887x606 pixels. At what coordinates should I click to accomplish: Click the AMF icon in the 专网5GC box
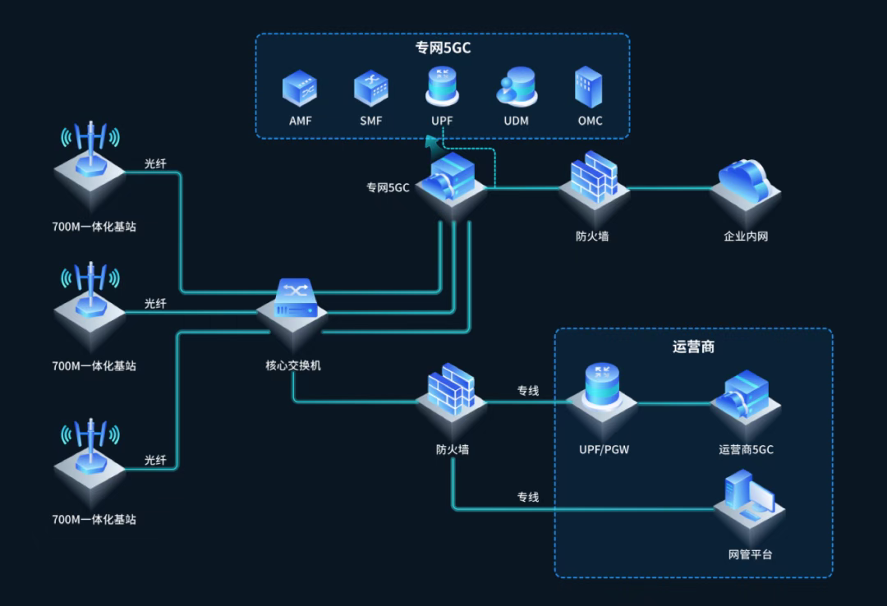(300, 89)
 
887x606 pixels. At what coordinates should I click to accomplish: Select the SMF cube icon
(371, 89)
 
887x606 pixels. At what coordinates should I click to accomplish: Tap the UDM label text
(517, 121)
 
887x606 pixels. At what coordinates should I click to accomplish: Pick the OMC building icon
(589, 87)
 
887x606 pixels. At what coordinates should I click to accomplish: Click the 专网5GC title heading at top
(443, 48)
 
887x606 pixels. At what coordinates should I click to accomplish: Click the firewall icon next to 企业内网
(594, 177)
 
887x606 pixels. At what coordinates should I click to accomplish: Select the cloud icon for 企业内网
(745, 181)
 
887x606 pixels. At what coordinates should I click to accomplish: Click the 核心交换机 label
(292, 365)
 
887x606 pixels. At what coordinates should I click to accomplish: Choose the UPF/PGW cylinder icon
(602, 386)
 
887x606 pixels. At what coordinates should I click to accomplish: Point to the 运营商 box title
(693, 347)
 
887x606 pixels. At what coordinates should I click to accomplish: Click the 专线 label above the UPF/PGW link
(528, 391)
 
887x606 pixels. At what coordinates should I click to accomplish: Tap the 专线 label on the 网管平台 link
(528, 497)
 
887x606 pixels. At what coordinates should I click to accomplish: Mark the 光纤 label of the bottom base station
(155, 460)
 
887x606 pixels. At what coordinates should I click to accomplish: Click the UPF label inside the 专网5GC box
(442, 121)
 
